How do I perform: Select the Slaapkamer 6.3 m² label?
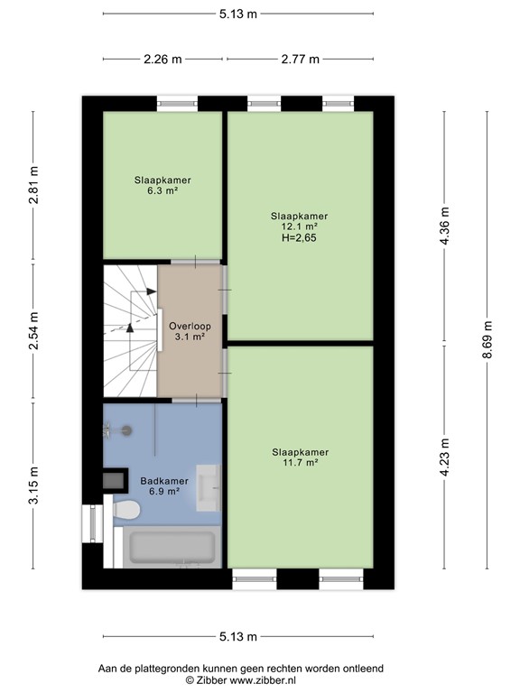pyautogui.click(x=163, y=185)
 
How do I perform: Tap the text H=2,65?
pyautogui.click(x=299, y=239)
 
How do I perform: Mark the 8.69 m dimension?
pyautogui.click(x=487, y=340)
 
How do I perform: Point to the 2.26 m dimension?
pyautogui.click(x=162, y=60)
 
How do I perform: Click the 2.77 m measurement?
pyautogui.click(x=300, y=60)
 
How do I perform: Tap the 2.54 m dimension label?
pyautogui.click(x=34, y=329)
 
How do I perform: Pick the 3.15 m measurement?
pyautogui.click(x=34, y=485)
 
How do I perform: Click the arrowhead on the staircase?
pyautogui.click(x=130, y=327)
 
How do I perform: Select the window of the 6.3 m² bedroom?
pyautogui.click(x=178, y=104)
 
